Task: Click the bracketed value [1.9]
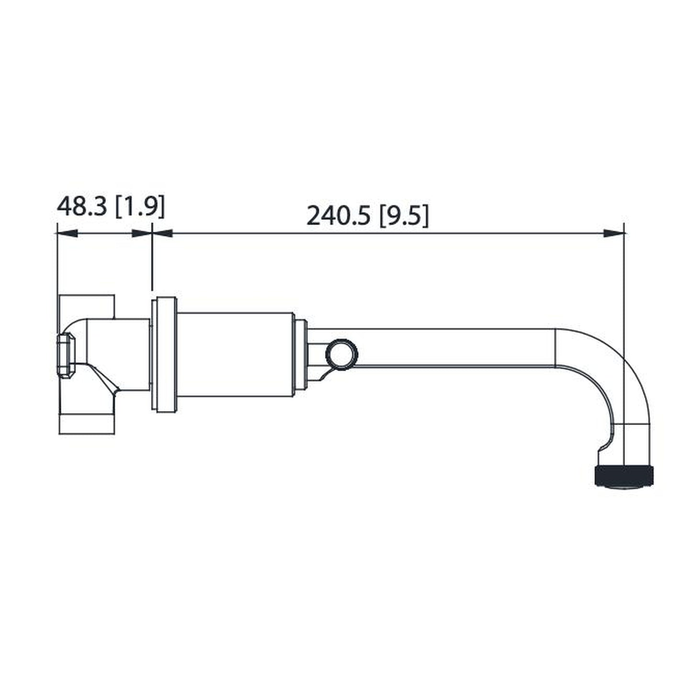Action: [x=140, y=207]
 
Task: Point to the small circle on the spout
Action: [x=341, y=354]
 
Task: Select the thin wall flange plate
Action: [x=154, y=354]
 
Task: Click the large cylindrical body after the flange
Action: [x=235, y=354]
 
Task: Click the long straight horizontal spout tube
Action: [x=455, y=348]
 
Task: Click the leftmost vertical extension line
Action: [x=57, y=268]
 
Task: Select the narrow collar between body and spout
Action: [x=300, y=354]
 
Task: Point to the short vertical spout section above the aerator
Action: [x=632, y=443]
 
